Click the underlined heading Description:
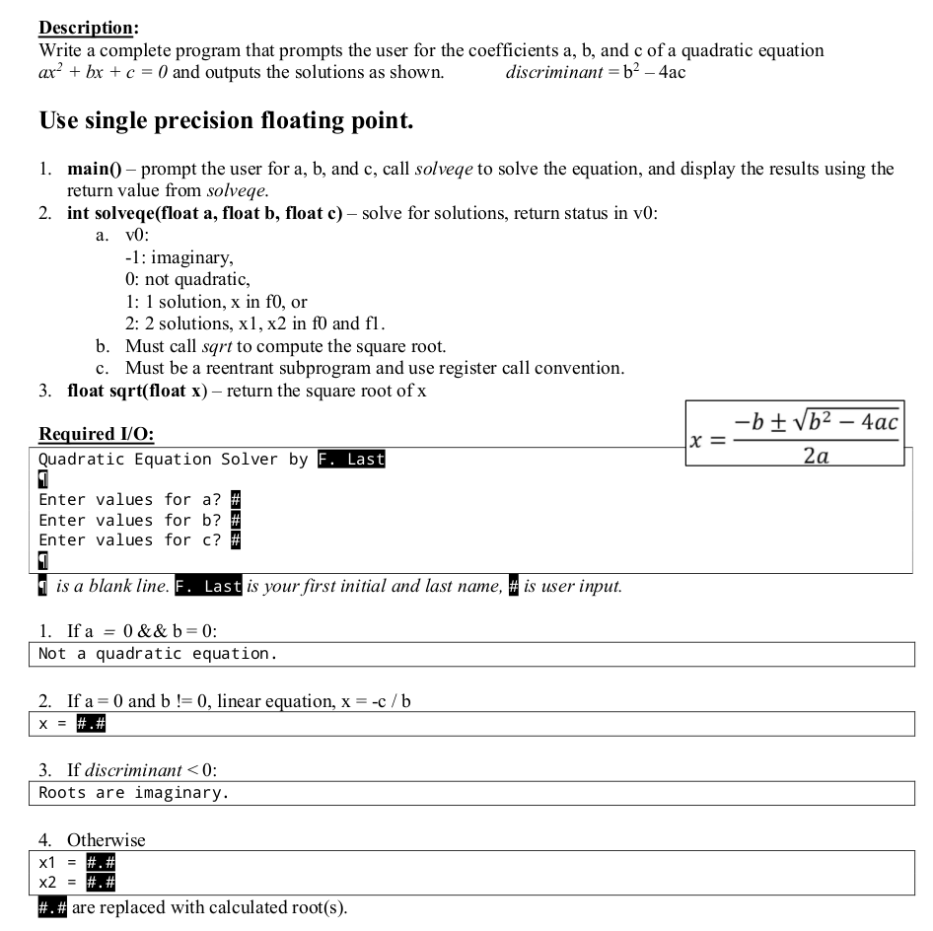88,28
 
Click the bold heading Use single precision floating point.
226,122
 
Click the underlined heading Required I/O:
96,434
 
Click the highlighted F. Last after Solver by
351,460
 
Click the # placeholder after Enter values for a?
236,500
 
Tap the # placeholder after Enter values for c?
236,539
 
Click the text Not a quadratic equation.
158,654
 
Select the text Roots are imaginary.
134,793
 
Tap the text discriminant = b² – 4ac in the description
595,72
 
